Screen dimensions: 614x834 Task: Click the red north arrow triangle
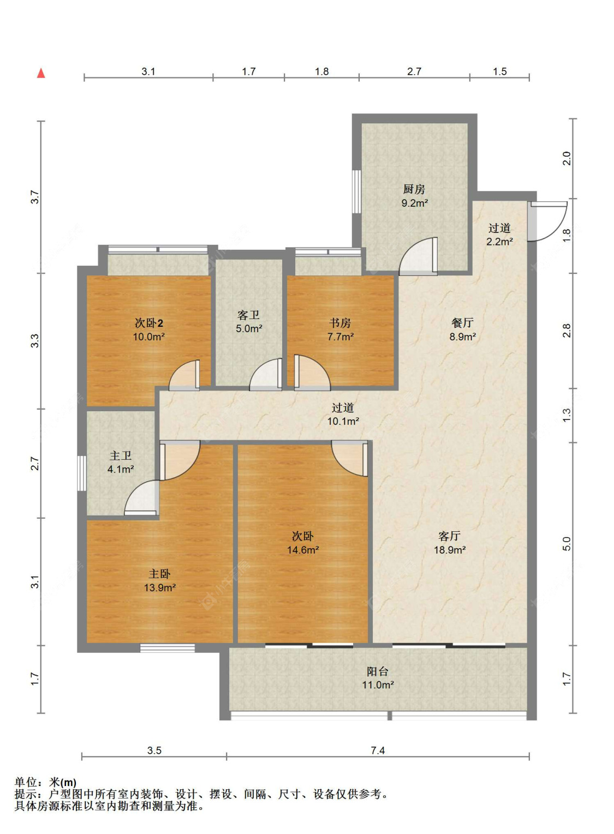41,73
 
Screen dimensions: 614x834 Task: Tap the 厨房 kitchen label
414,189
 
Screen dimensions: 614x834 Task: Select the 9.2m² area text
414,203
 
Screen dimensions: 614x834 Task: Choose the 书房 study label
340,323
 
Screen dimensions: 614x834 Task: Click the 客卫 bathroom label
248,315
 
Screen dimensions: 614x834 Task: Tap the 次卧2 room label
148,323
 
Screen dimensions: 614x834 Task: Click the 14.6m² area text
302,550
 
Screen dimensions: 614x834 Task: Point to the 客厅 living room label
449,536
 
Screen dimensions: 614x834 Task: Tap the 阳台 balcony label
378,671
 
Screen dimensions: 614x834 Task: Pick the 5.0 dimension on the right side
567,544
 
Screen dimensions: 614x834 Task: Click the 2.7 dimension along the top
414,71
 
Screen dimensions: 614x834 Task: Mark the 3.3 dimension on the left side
34,341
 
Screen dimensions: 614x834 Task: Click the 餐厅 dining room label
462,323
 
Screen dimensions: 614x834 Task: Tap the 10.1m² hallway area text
343,421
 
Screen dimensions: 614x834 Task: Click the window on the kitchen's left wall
356,192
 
